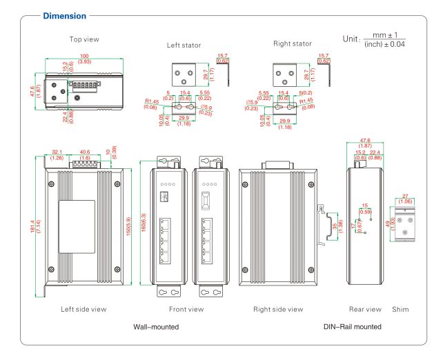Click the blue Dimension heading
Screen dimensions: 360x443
coord(65,15)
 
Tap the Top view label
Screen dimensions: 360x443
coord(84,39)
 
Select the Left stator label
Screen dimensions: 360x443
coord(184,45)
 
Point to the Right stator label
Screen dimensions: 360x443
coord(293,43)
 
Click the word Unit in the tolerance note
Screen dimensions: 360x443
coord(351,39)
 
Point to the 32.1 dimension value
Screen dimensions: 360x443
coord(57,152)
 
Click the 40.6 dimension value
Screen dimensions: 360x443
coord(85,152)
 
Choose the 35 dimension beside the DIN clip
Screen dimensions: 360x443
coord(335,224)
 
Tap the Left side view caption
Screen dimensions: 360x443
coord(83,309)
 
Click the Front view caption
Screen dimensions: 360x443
coord(186,309)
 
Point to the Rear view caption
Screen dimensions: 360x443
coord(365,309)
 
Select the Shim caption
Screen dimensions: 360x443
coord(400,309)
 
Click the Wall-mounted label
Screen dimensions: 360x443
coord(155,326)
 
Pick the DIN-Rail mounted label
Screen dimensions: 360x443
coord(352,326)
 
